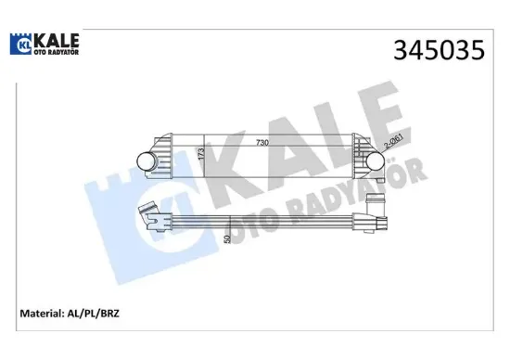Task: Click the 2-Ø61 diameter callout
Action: [392, 145]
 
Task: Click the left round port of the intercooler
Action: [147, 161]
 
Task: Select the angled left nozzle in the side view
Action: [148, 214]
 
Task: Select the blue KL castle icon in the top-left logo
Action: [20, 45]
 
